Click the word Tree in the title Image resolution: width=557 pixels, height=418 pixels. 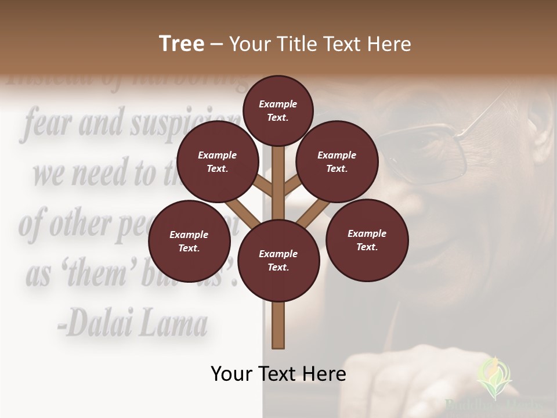[x=182, y=44]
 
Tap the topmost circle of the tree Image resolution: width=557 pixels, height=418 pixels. [x=278, y=110]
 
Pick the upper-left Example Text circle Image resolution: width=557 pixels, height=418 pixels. [x=217, y=162]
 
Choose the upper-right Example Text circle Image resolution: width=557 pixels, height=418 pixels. [x=337, y=162]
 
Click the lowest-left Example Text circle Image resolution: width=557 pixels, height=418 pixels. [x=189, y=241]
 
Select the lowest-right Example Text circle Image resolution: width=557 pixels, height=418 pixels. [x=367, y=240]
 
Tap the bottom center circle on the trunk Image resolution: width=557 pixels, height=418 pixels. [x=278, y=261]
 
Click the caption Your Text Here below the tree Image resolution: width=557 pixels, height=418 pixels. [x=278, y=374]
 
